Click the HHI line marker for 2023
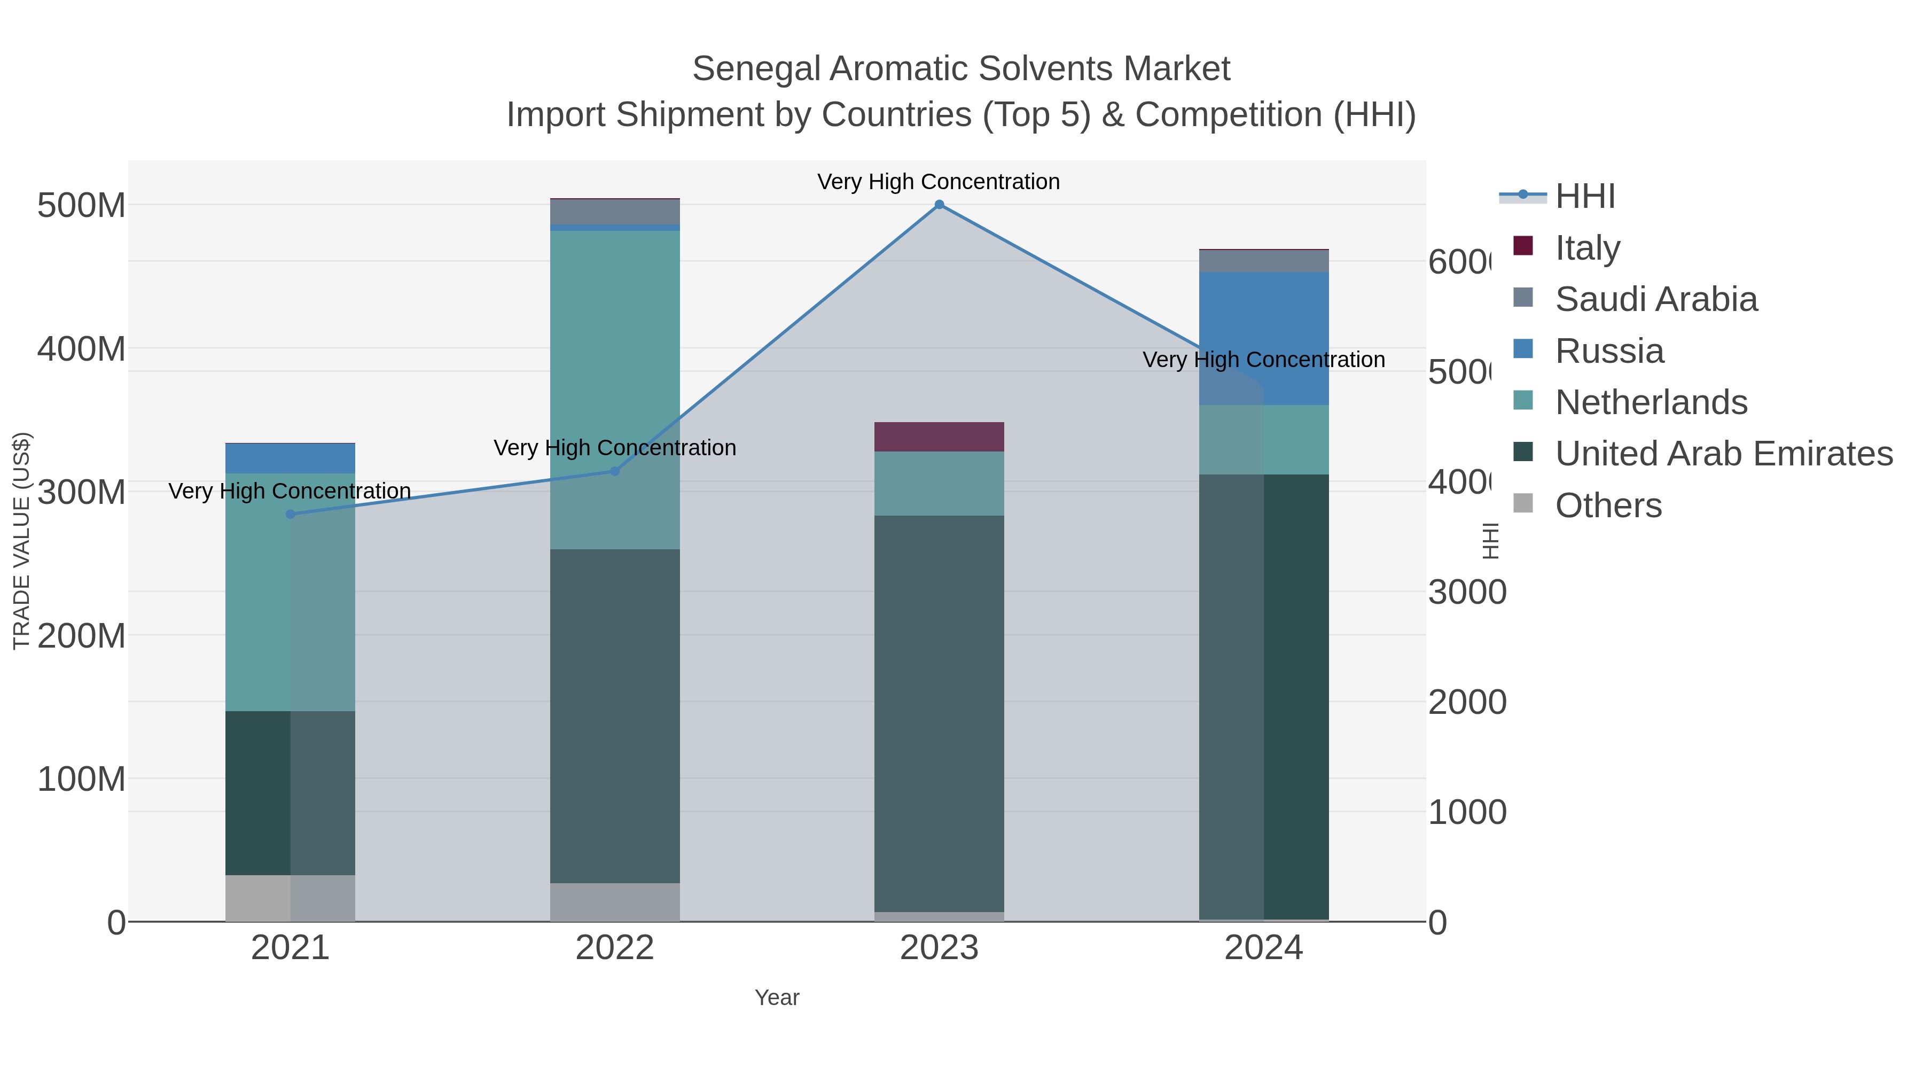click(939, 205)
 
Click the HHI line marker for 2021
click(291, 513)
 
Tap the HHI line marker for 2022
click(614, 471)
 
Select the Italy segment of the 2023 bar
click(939, 437)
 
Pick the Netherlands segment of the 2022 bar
click(614, 388)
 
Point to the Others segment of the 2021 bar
click(291, 898)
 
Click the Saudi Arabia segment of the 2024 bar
click(1263, 261)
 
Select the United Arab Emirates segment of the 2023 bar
click(939, 713)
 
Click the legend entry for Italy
click(1587, 248)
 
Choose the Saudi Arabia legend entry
click(1656, 299)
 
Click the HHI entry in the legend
click(1584, 197)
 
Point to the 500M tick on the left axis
click(81, 205)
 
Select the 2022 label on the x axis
click(614, 948)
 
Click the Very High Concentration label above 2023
click(939, 182)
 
